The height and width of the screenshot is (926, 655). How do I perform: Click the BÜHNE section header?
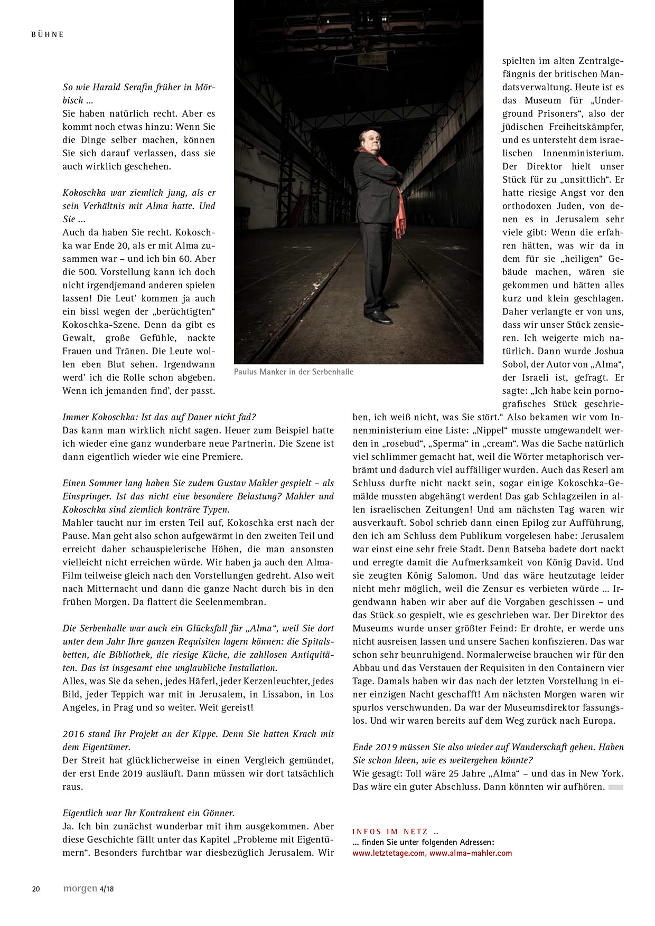pyautogui.click(x=47, y=34)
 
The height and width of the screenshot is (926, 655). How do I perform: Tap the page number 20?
pyautogui.click(x=36, y=889)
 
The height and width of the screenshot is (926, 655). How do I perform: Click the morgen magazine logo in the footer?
pyautogui.click(x=80, y=889)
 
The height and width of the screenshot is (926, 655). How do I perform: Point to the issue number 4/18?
pyautogui.click(x=107, y=889)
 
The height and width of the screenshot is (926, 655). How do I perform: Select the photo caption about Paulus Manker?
pyautogui.click(x=294, y=372)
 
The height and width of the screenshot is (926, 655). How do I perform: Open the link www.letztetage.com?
pyautogui.click(x=389, y=853)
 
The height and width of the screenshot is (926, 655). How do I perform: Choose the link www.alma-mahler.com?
pyautogui.click(x=471, y=853)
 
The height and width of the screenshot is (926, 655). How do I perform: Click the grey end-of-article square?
pyautogui.click(x=616, y=787)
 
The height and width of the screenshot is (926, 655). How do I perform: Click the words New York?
pyautogui.click(x=602, y=773)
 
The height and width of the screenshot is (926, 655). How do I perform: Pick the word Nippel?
pyautogui.click(x=490, y=430)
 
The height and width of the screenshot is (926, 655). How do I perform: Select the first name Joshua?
pyautogui.click(x=606, y=351)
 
